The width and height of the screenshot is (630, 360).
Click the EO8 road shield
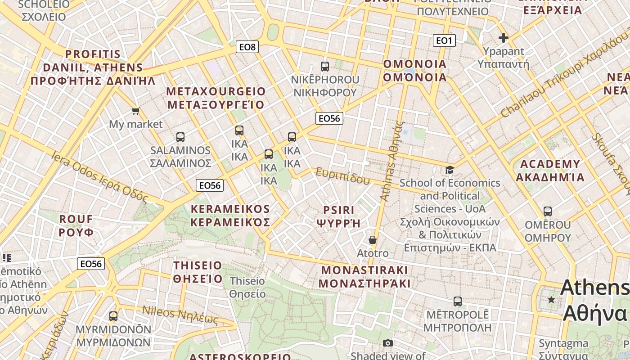(247, 46)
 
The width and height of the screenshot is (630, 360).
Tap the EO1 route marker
(444, 40)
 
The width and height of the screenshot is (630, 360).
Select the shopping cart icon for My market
(135, 110)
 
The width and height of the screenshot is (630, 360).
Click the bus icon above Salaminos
(180, 137)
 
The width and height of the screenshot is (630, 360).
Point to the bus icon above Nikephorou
(325, 67)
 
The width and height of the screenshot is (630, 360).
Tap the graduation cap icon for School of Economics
(450, 170)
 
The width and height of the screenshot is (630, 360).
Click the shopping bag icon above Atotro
(373, 240)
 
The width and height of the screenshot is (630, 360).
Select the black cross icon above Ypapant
(503, 38)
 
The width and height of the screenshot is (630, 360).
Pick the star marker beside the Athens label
(551, 299)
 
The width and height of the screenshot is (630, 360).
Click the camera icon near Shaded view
(387, 343)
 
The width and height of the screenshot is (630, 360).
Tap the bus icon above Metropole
(458, 301)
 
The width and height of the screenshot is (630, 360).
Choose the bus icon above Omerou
(548, 211)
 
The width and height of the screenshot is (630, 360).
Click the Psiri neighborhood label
(339, 216)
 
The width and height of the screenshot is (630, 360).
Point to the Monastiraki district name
(364, 276)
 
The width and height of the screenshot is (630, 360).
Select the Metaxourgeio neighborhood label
(216, 98)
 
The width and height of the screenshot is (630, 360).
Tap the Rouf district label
(76, 226)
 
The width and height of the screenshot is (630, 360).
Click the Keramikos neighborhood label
(230, 216)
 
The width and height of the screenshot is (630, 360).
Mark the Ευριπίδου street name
(342, 176)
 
